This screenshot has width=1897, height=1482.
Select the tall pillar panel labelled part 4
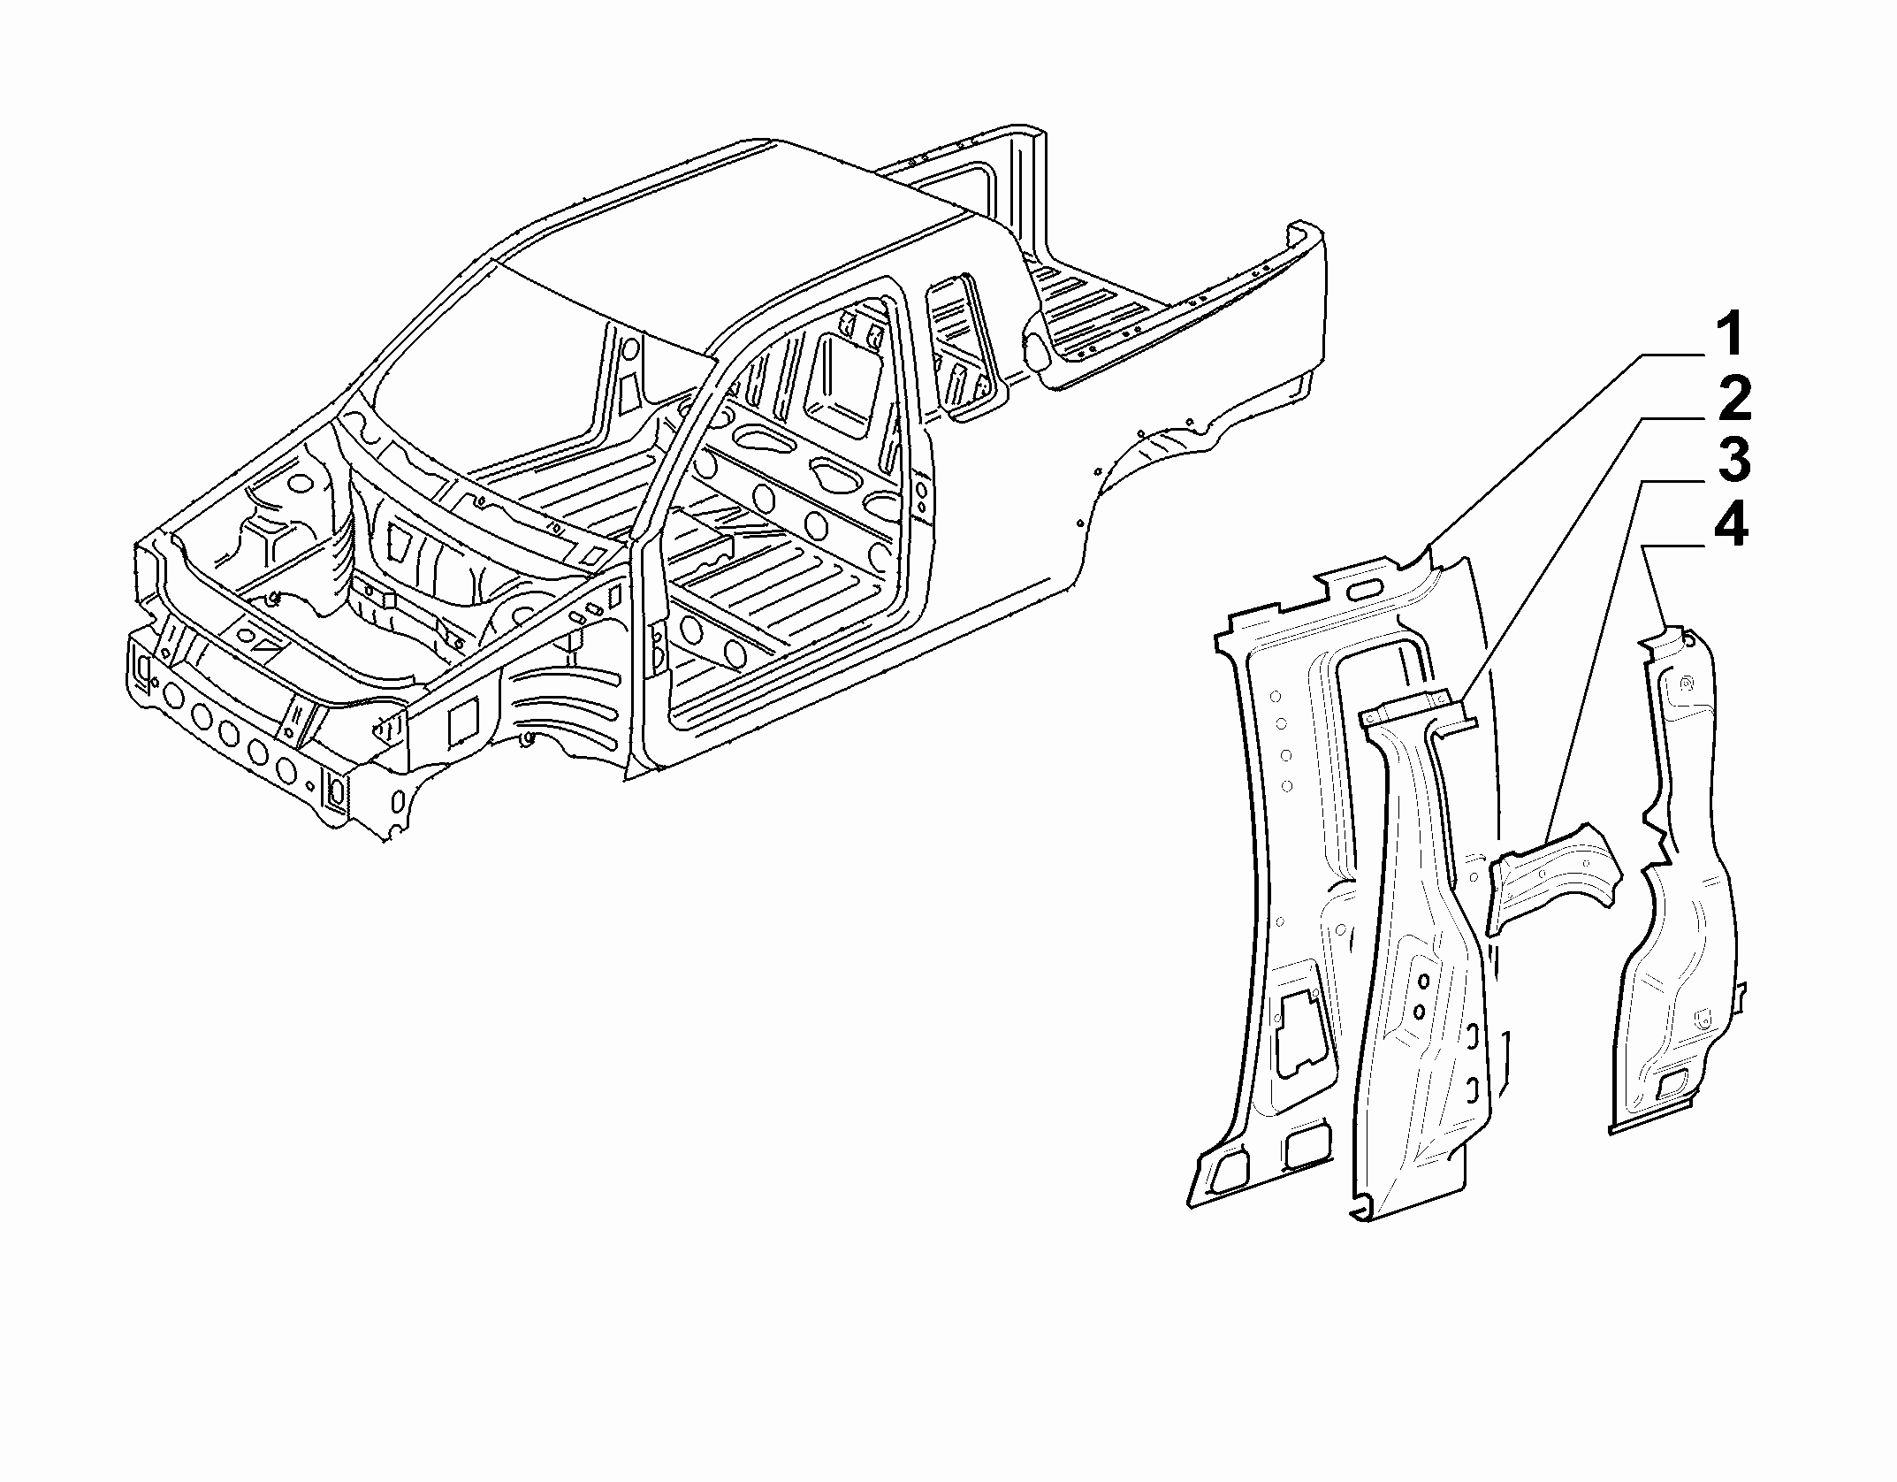pyautogui.click(x=1666, y=884)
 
